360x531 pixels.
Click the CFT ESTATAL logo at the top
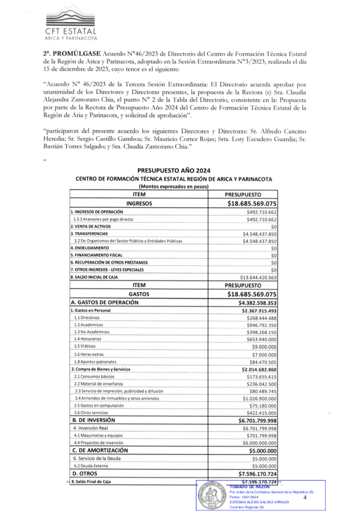click(70, 24)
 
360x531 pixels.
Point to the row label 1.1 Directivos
click(87, 318)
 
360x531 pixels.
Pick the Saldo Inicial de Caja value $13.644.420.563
click(252, 277)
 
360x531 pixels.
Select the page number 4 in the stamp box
click(306, 498)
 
